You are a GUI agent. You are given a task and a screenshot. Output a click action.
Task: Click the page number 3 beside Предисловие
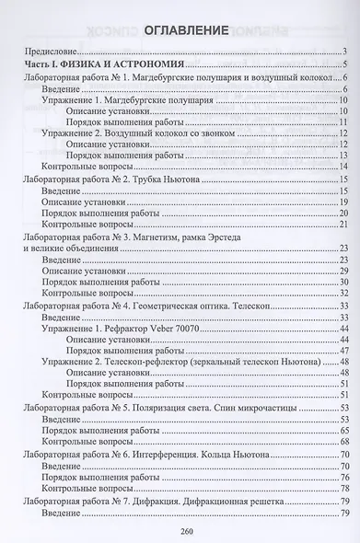343,52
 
